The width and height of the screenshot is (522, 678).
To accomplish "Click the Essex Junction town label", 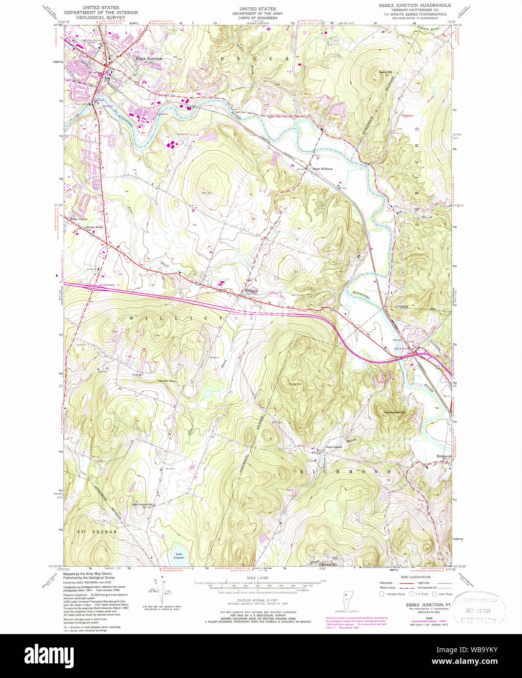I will click(149, 59).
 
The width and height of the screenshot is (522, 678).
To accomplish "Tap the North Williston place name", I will click(322, 169).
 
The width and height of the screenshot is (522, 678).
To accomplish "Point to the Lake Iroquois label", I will click(179, 554).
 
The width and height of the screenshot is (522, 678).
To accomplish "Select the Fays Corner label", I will click(334, 447).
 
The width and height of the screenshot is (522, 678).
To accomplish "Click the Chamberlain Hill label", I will click(394, 412).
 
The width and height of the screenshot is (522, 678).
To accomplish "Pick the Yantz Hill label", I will click(295, 384).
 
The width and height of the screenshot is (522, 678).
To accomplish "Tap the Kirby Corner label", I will click(78, 219).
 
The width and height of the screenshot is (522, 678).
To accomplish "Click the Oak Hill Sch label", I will click(166, 381).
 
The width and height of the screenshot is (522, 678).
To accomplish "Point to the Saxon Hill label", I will click(386, 72).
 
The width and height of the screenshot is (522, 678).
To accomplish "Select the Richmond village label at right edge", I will click(444, 456).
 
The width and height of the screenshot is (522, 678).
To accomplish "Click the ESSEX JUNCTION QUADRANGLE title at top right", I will click(415, 5).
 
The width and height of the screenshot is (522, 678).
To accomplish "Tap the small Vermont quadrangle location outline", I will click(347, 597).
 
